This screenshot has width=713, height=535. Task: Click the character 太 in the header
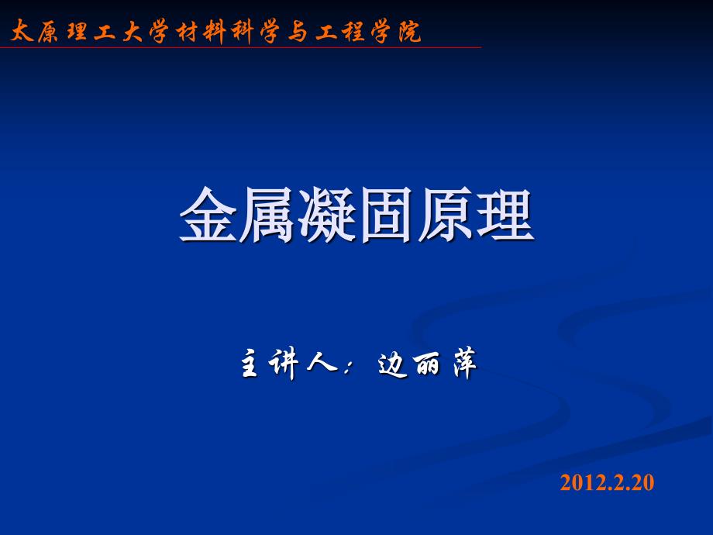22,31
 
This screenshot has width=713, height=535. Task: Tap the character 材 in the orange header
188,31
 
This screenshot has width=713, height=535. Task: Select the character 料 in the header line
215,32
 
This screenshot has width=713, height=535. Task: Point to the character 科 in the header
242,32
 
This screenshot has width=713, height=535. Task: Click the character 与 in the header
298,32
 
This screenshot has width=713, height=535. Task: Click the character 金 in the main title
208,214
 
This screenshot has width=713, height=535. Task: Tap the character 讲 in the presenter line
284,364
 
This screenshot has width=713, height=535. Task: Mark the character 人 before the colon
322,362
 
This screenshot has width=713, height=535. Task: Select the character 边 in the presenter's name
392,364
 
